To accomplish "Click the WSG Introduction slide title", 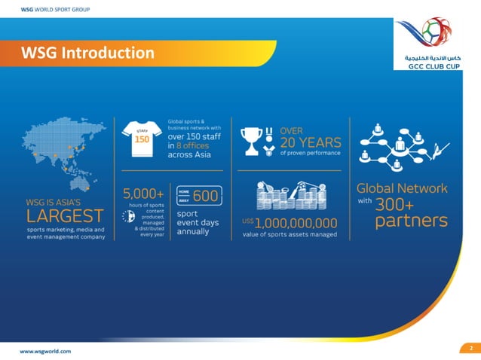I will tap(87, 53).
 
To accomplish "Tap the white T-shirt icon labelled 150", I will tap(141, 139).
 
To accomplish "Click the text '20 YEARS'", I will tap(311, 142).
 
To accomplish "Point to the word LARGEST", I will tap(64, 217).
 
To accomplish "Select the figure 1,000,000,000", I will tap(296, 223).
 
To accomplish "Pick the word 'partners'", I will tap(411, 221).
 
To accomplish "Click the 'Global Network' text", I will tap(401, 188).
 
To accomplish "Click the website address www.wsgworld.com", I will tap(45, 351).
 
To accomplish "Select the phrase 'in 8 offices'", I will tap(188, 146).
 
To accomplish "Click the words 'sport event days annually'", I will tap(198, 222).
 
